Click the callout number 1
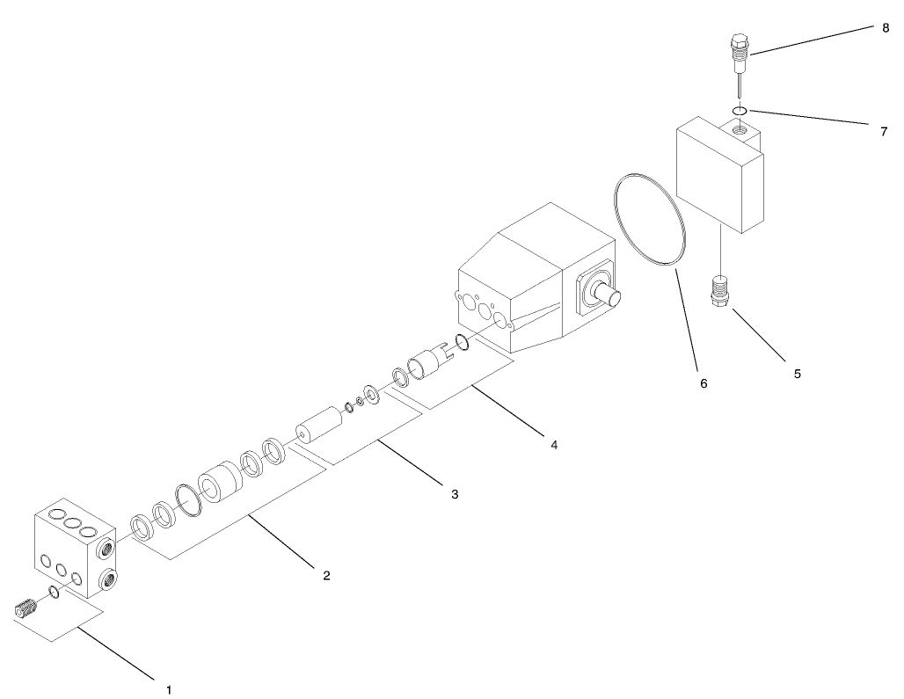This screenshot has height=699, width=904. coord(169,689)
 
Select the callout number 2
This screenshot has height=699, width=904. coord(326,575)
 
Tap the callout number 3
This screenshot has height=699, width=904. coord(455,494)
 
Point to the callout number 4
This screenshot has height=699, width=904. coord(554,445)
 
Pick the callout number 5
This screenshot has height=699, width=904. coord(798,374)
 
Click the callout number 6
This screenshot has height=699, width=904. coord(704,383)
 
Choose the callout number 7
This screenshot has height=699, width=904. coord(884,132)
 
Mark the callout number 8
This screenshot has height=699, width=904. coord(886,27)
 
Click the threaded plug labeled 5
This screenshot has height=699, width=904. coord(721,291)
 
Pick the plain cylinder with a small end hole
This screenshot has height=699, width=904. coord(319,425)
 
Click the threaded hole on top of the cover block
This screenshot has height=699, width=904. coord(740,129)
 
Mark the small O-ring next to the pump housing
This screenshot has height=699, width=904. coord(463,341)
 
